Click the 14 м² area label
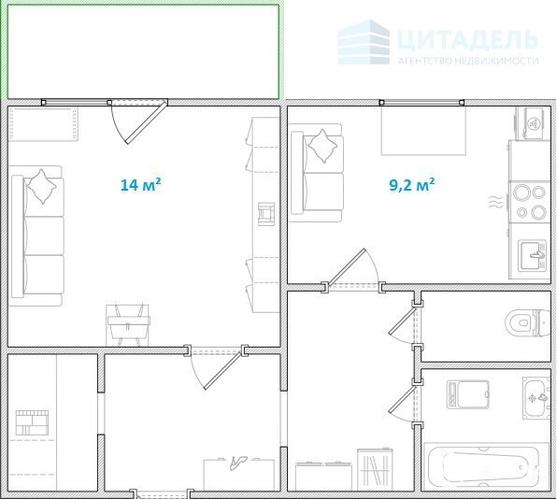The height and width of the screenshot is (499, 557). click(x=141, y=185)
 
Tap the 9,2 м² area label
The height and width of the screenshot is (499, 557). click(x=412, y=185)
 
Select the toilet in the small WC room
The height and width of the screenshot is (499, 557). click(x=527, y=322)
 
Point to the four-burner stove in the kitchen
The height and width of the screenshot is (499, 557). click(x=530, y=202)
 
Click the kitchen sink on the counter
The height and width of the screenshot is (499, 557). click(x=532, y=255)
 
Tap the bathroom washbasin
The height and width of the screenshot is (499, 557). click(x=536, y=398)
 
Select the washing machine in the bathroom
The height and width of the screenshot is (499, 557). click(x=467, y=394)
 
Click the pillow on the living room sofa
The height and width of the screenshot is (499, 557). click(x=42, y=187)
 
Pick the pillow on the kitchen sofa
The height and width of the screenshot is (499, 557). click(x=322, y=146)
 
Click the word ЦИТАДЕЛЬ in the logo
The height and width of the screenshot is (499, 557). click(x=466, y=39)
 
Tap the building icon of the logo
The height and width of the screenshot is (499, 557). click(x=364, y=42)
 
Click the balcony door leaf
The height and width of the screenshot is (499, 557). click(x=147, y=121)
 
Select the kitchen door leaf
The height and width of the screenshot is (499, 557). click(x=347, y=266)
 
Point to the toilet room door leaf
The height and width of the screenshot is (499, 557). click(x=402, y=321)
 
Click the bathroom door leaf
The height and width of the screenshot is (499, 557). click(x=402, y=400)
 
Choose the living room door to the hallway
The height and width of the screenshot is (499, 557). click(x=223, y=369)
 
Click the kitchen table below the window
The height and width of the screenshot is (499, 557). click(x=423, y=131)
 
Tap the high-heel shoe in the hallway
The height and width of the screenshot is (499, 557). click(x=237, y=463)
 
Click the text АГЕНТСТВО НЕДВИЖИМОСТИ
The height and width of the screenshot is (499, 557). click(x=468, y=61)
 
